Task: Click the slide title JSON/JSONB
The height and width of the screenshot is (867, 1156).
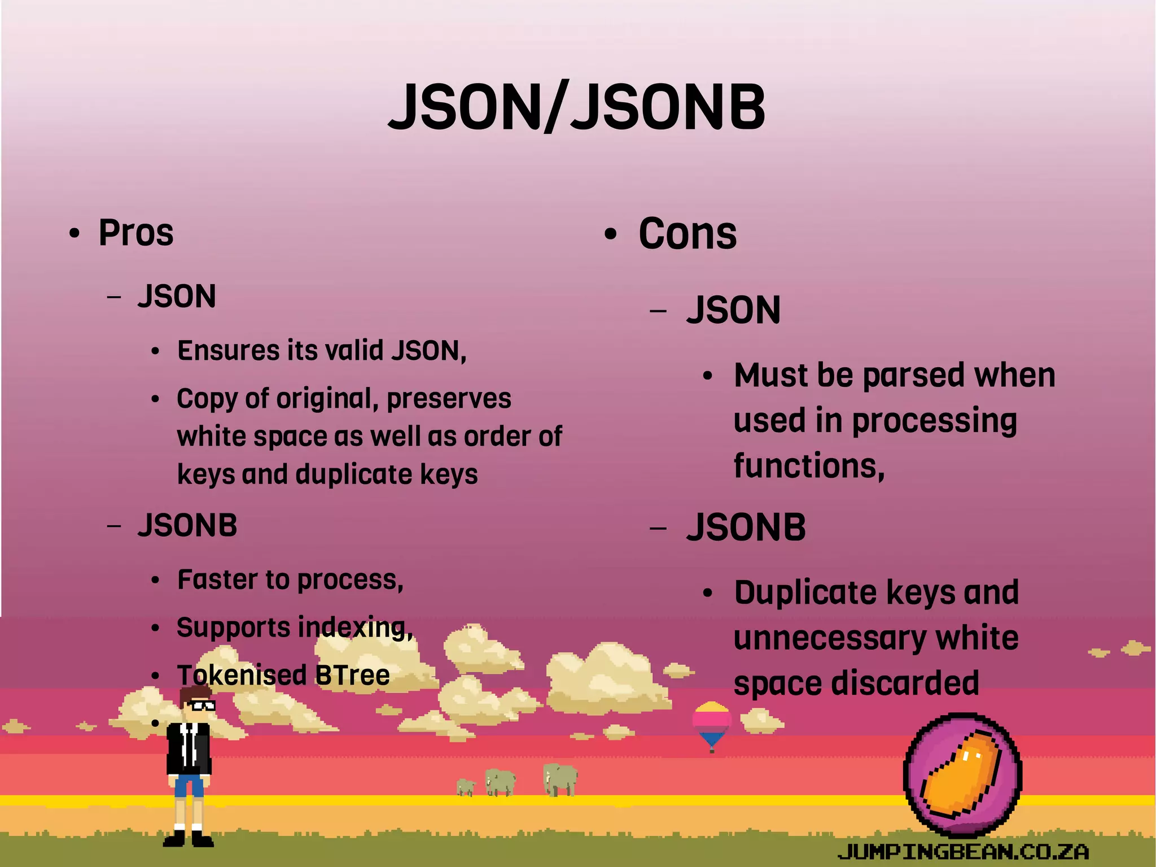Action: click(x=577, y=107)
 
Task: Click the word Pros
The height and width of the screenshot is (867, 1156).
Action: click(x=136, y=233)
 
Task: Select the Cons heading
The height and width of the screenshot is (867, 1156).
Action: click(x=687, y=234)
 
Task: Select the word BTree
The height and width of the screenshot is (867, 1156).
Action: click(x=352, y=676)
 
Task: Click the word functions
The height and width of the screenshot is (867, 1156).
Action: click(x=808, y=467)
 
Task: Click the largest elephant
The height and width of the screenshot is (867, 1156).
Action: click(x=559, y=779)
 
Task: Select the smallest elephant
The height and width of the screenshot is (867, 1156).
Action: click(x=465, y=787)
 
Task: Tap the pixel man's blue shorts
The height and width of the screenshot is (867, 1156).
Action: click(x=189, y=786)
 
